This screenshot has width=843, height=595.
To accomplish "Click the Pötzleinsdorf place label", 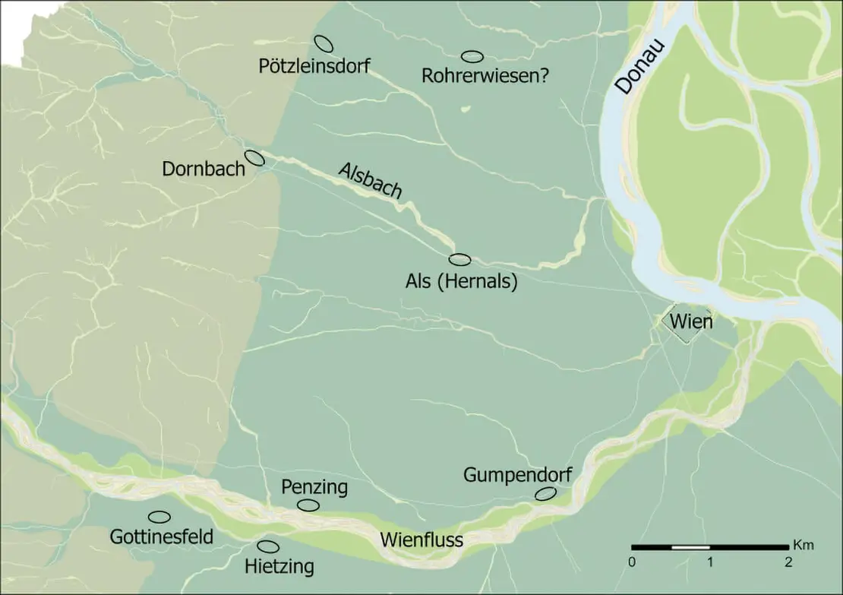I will tap(314, 66).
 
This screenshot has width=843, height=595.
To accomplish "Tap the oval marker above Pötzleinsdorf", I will tap(324, 43).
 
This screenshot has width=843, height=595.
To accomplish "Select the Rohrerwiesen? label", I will tap(485, 76).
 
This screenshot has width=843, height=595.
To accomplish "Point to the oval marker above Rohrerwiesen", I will tap(472, 56).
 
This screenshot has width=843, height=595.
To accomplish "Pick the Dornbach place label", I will tap(204, 168).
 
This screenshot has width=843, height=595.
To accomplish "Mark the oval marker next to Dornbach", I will tap(254, 157).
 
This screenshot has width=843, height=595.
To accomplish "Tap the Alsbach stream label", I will tap(369, 181).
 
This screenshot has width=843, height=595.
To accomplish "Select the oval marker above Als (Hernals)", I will tap(460, 260).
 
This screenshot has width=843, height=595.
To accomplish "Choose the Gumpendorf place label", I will tap(516, 476).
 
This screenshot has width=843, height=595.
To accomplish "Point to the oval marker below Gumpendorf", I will tap(545, 493).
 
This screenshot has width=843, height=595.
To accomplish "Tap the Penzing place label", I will tap(314, 486).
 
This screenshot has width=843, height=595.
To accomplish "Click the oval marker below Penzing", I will tap(308, 505).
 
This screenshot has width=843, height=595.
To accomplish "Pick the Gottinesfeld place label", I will tap(161, 537).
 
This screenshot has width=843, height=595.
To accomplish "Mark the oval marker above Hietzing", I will tap(268, 546).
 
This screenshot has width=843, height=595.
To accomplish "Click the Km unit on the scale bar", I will tap(803, 545).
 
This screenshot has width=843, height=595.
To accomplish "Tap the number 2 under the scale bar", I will tap(788, 563).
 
